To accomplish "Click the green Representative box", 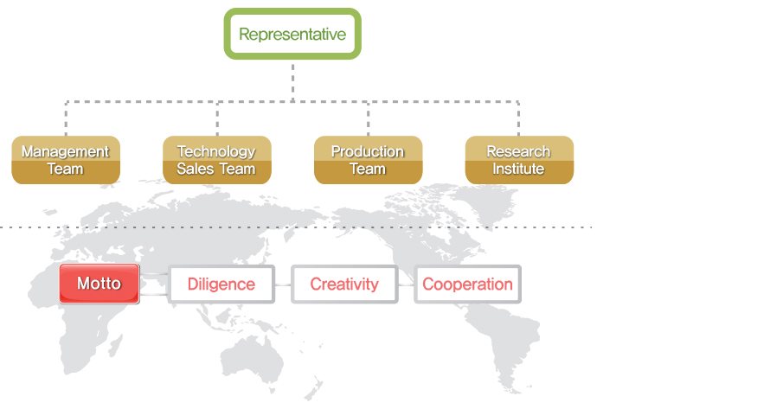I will click(x=292, y=35).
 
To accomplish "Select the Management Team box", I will click(x=66, y=160).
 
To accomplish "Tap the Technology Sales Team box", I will click(x=216, y=160).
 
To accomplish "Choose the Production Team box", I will click(x=368, y=160).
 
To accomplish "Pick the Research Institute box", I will click(x=519, y=160).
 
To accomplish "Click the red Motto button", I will click(x=99, y=284).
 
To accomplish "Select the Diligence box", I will click(x=221, y=284).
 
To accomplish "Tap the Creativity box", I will click(x=344, y=284).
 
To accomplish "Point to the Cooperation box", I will click(x=467, y=284).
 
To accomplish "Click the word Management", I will click(x=66, y=151).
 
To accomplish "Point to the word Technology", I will click(x=216, y=151).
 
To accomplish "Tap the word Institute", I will click(x=519, y=169).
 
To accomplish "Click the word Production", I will click(x=368, y=151).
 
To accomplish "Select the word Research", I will click(x=519, y=151).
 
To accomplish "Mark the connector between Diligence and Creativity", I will click(x=283, y=284).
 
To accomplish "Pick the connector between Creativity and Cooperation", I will click(x=406, y=284).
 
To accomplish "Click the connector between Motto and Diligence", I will click(x=154, y=284).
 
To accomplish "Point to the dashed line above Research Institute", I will click(x=519, y=118).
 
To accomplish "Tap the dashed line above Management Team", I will click(x=66, y=118).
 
